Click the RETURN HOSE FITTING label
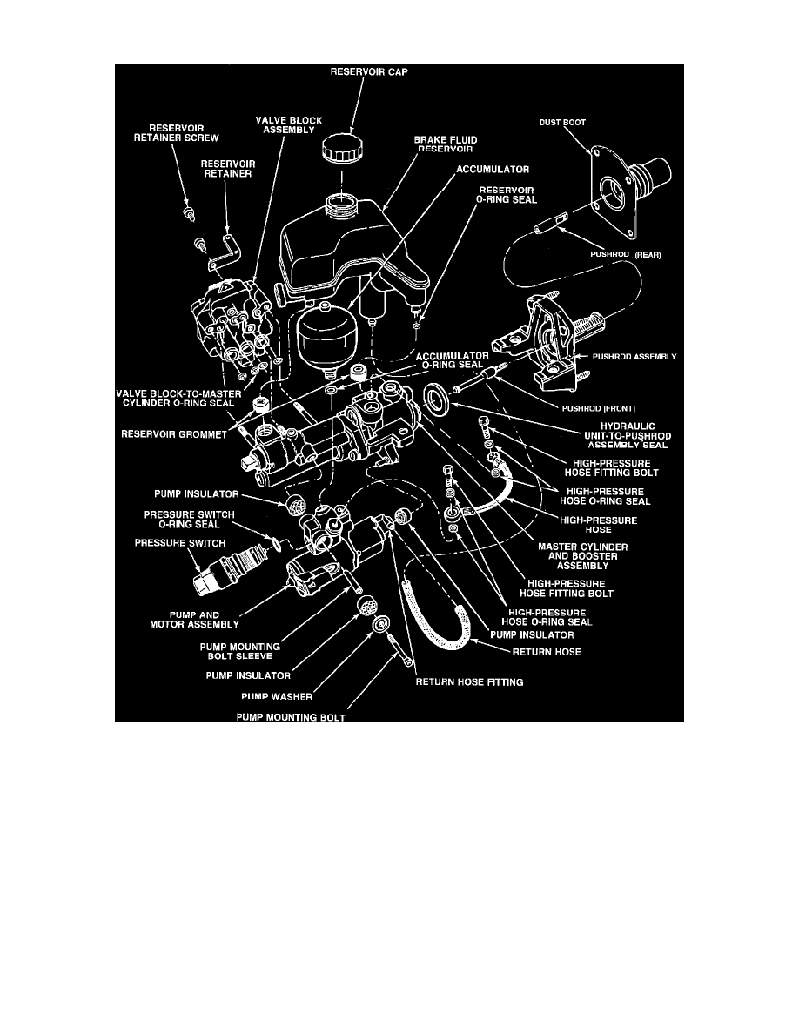pyautogui.click(x=469, y=682)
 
